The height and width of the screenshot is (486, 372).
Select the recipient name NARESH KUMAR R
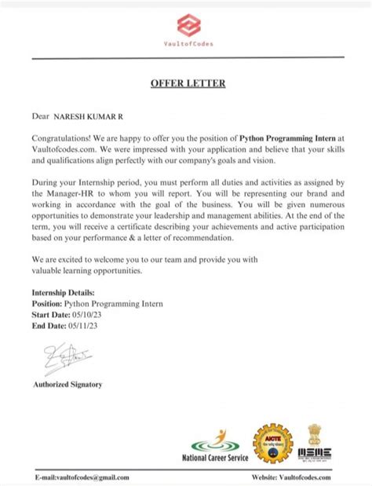(87, 116)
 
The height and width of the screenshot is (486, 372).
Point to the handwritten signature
(58, 360)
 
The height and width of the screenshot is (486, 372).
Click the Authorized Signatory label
(67, 385)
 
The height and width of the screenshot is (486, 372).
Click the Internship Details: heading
(67, 292)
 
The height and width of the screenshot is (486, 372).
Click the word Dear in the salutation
(40, 116)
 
